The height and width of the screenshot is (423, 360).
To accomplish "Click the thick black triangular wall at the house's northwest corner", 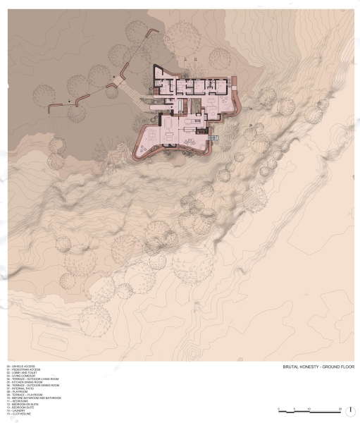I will coord(159,71).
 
